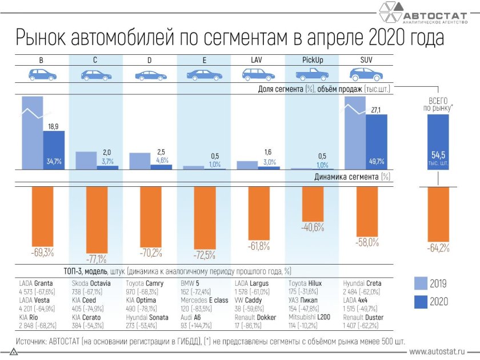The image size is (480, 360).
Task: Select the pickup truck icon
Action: click(312, 74)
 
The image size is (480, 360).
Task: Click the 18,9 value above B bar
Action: click(53, 126)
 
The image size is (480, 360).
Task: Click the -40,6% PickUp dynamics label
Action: click(313, 227)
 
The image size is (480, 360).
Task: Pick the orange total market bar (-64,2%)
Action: click(438, 214)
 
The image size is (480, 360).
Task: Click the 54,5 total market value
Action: click(437, 154)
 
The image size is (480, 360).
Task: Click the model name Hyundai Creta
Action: click(362, 283)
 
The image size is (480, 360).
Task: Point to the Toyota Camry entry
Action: click(145, 283)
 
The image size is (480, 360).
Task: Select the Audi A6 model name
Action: click(192, 317)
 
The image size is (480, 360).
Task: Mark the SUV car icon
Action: click(366, 74)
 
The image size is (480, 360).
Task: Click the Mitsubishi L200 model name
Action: click(310, 317)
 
